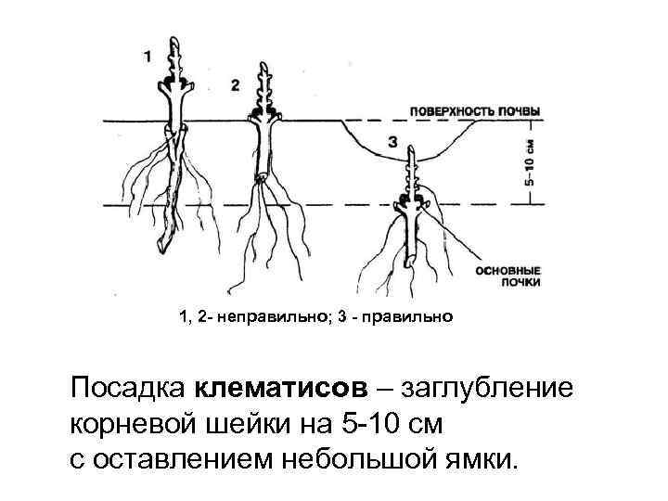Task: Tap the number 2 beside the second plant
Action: click(235, 84)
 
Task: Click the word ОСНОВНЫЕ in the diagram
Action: click(507, 271)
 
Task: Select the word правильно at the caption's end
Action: click(413, 318)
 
